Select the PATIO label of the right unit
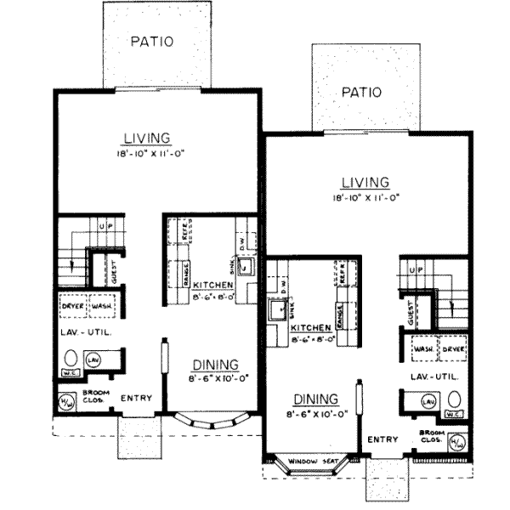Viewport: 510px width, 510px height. [361, 91]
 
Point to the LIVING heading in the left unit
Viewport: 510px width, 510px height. [147, 138]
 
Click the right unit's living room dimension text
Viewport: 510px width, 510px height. [365, 197]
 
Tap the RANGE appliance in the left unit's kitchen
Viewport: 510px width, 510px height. [180, 281]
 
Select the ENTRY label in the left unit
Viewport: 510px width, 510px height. [137, 398]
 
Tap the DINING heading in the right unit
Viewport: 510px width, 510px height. [316, 398]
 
